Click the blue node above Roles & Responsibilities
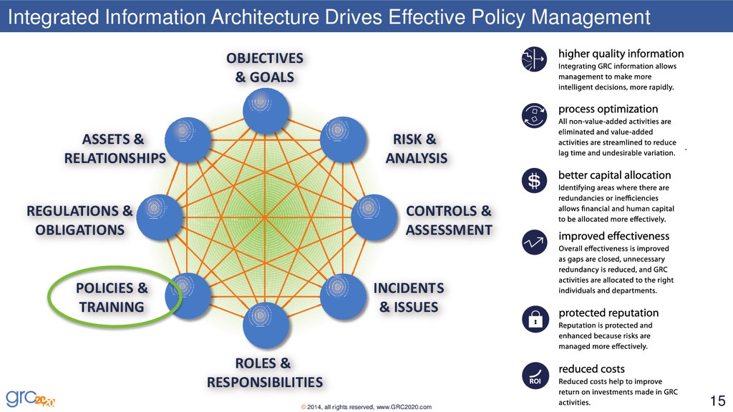point(266,325)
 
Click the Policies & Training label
point(112,298)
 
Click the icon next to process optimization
point(534,117)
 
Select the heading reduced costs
point(591,369)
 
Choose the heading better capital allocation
point(614,175)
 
